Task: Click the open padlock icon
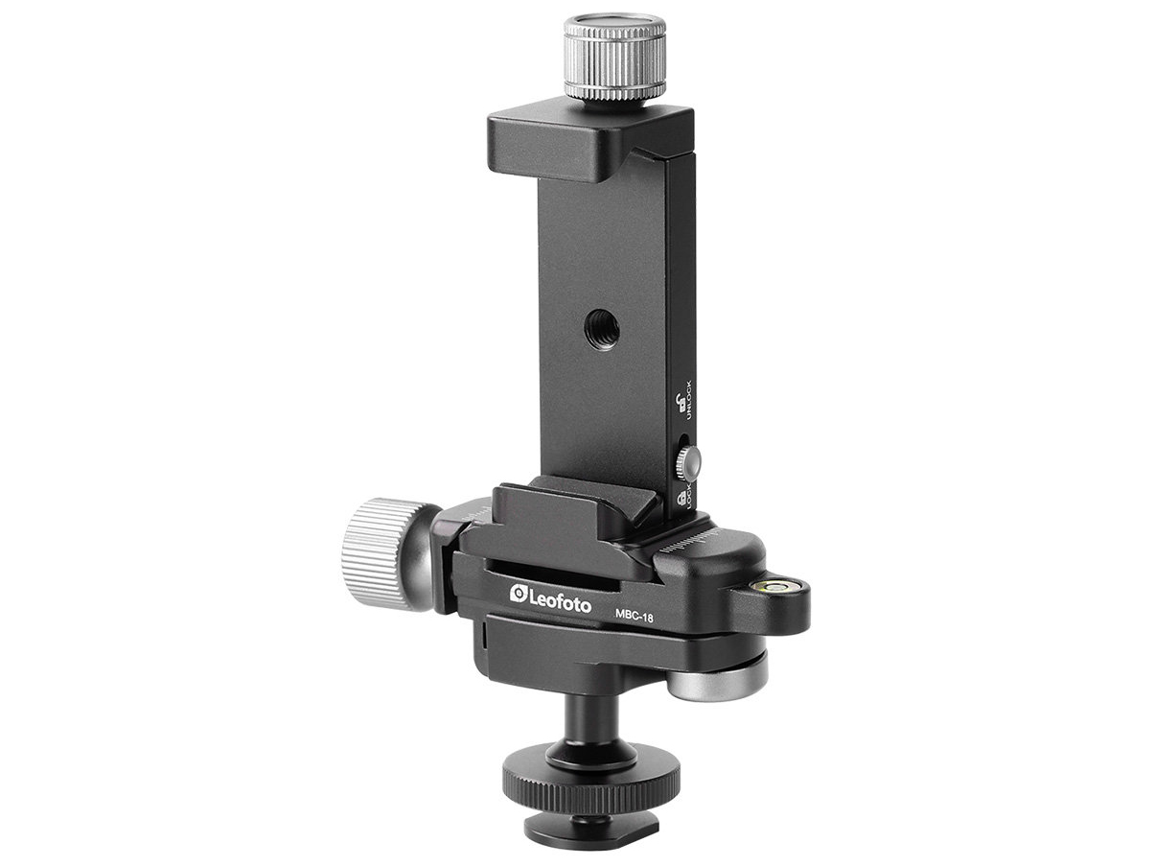pyautogui.click(x=680, y=404)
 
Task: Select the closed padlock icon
pyautogui.click(x=680, y=497)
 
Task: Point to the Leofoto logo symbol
pyautogui.click(x=519, y=594)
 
